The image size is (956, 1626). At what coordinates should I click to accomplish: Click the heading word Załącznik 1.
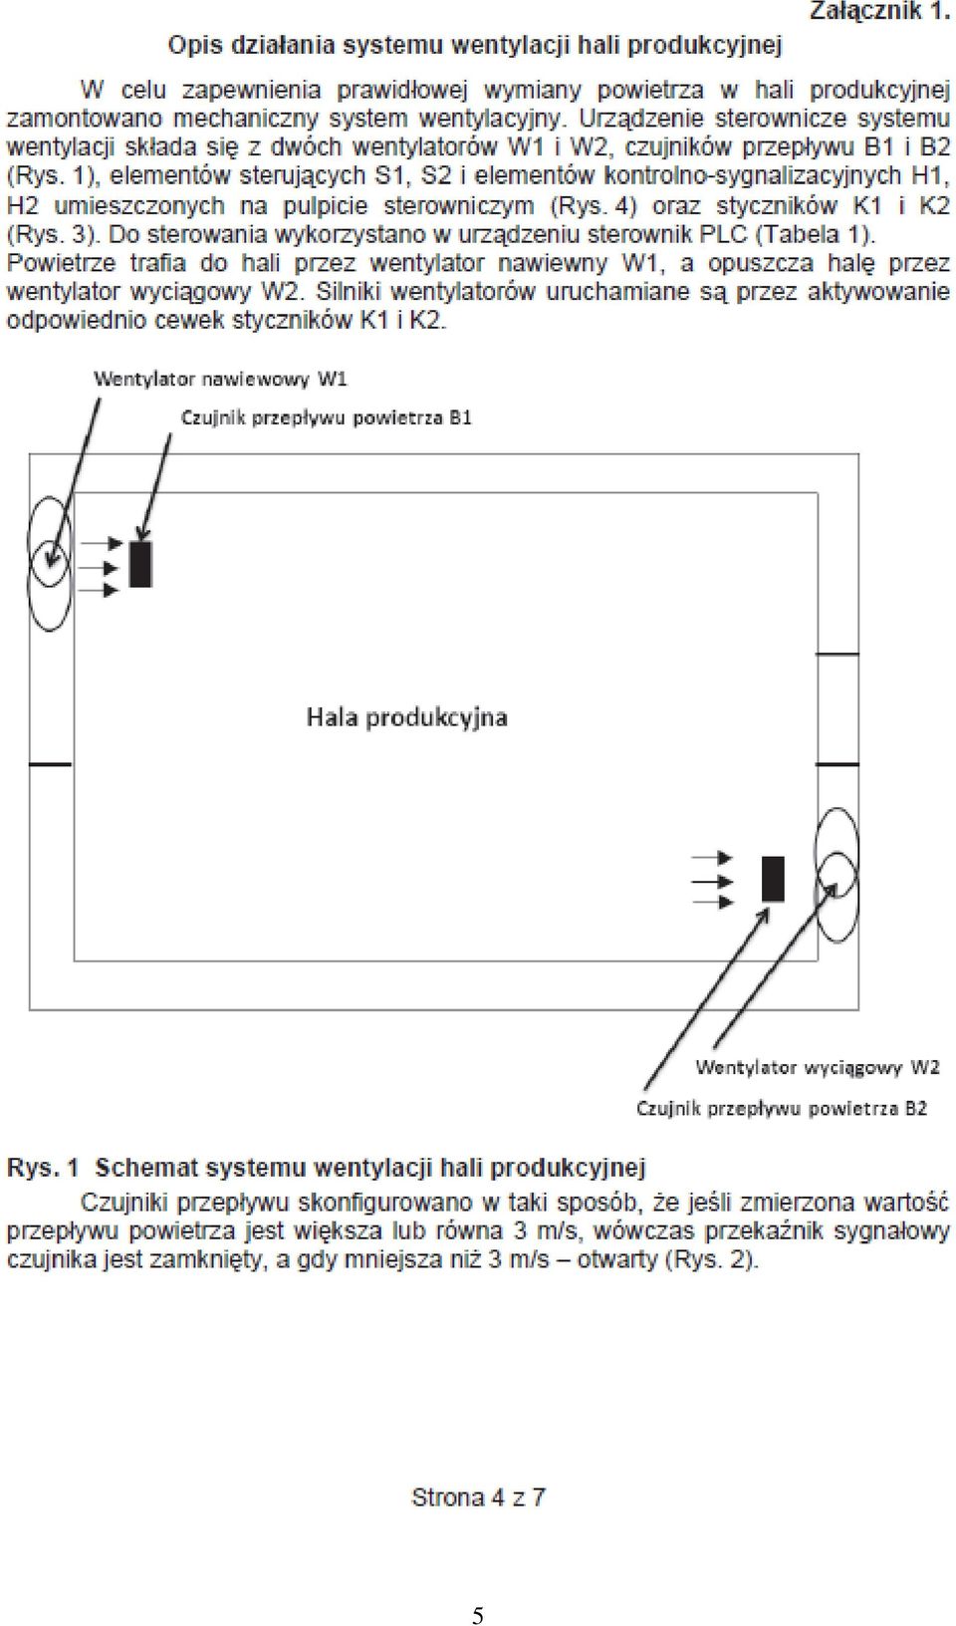click(x=879, y=12)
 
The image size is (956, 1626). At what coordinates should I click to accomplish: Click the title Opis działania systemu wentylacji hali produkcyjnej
click(x=475, y=46)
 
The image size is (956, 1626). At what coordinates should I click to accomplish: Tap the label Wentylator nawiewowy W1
click(x=220, y=379)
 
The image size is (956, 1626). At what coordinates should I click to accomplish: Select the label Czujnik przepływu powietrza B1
click(x=327, y=418)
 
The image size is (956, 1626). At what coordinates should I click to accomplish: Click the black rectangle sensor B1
click(x=140, y=563)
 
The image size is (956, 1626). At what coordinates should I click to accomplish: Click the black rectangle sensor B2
click(x=773, y=879)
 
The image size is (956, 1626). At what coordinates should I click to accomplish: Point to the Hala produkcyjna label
click(x=407, y=717)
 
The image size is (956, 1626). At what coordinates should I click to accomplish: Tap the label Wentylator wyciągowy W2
click(x=818, y=1067)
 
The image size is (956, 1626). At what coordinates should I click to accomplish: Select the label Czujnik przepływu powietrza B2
click(x=782, y=1109)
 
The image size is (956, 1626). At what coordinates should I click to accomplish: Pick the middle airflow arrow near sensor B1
click(x=100, y=567)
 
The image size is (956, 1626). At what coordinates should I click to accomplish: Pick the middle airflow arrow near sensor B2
click(x=713, y=881)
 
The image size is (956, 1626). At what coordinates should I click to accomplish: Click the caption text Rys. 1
click(x=42, y=1168)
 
